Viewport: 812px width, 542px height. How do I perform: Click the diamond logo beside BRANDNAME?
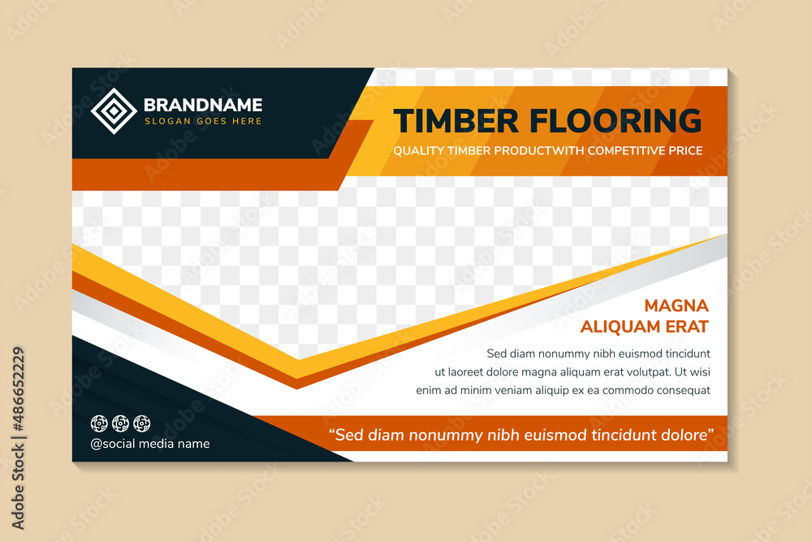click(114, 111)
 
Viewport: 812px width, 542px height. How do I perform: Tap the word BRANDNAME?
click(203, 105)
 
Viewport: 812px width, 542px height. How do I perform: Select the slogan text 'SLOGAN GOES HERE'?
click(203, 121)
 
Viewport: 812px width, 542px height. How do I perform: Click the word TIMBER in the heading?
click(456, 121)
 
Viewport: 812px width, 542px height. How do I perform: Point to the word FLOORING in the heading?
click(615, 121)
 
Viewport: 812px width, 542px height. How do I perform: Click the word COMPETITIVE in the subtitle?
click(629, 151)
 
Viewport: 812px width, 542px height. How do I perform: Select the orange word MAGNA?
click(676, 306)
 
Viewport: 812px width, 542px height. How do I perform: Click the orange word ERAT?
click(686, 327)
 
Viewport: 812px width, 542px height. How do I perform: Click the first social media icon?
click(99, 423)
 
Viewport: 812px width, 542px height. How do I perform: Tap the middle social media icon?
click(120, 423)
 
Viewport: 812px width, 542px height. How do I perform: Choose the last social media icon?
click(141, 423)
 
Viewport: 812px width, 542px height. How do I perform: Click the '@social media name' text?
click(150, 444)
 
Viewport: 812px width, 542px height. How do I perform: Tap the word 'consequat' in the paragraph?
click(680, 390)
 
